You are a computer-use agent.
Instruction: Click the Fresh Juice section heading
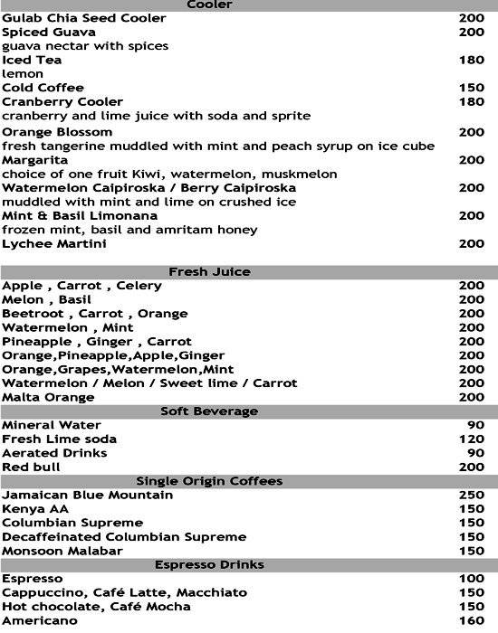209,271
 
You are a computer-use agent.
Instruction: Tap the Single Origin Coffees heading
209,480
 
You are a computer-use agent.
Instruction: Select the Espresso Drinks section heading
209,564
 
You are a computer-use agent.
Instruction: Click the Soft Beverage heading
209,411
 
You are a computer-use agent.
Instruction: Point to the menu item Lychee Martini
54,244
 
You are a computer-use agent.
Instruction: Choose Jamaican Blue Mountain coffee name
88,495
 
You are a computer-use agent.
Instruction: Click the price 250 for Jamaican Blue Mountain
472,495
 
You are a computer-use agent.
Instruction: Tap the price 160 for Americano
472,620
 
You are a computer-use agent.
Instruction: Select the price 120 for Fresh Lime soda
472,439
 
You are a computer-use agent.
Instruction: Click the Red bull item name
32,467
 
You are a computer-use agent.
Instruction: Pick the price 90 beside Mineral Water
475,425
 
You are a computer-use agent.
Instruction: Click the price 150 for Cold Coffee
472,88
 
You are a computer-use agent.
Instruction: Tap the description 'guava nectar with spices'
85,46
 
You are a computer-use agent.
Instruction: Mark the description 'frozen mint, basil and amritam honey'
116,230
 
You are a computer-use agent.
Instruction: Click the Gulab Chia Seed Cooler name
84,18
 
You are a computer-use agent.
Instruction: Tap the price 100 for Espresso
472,578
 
